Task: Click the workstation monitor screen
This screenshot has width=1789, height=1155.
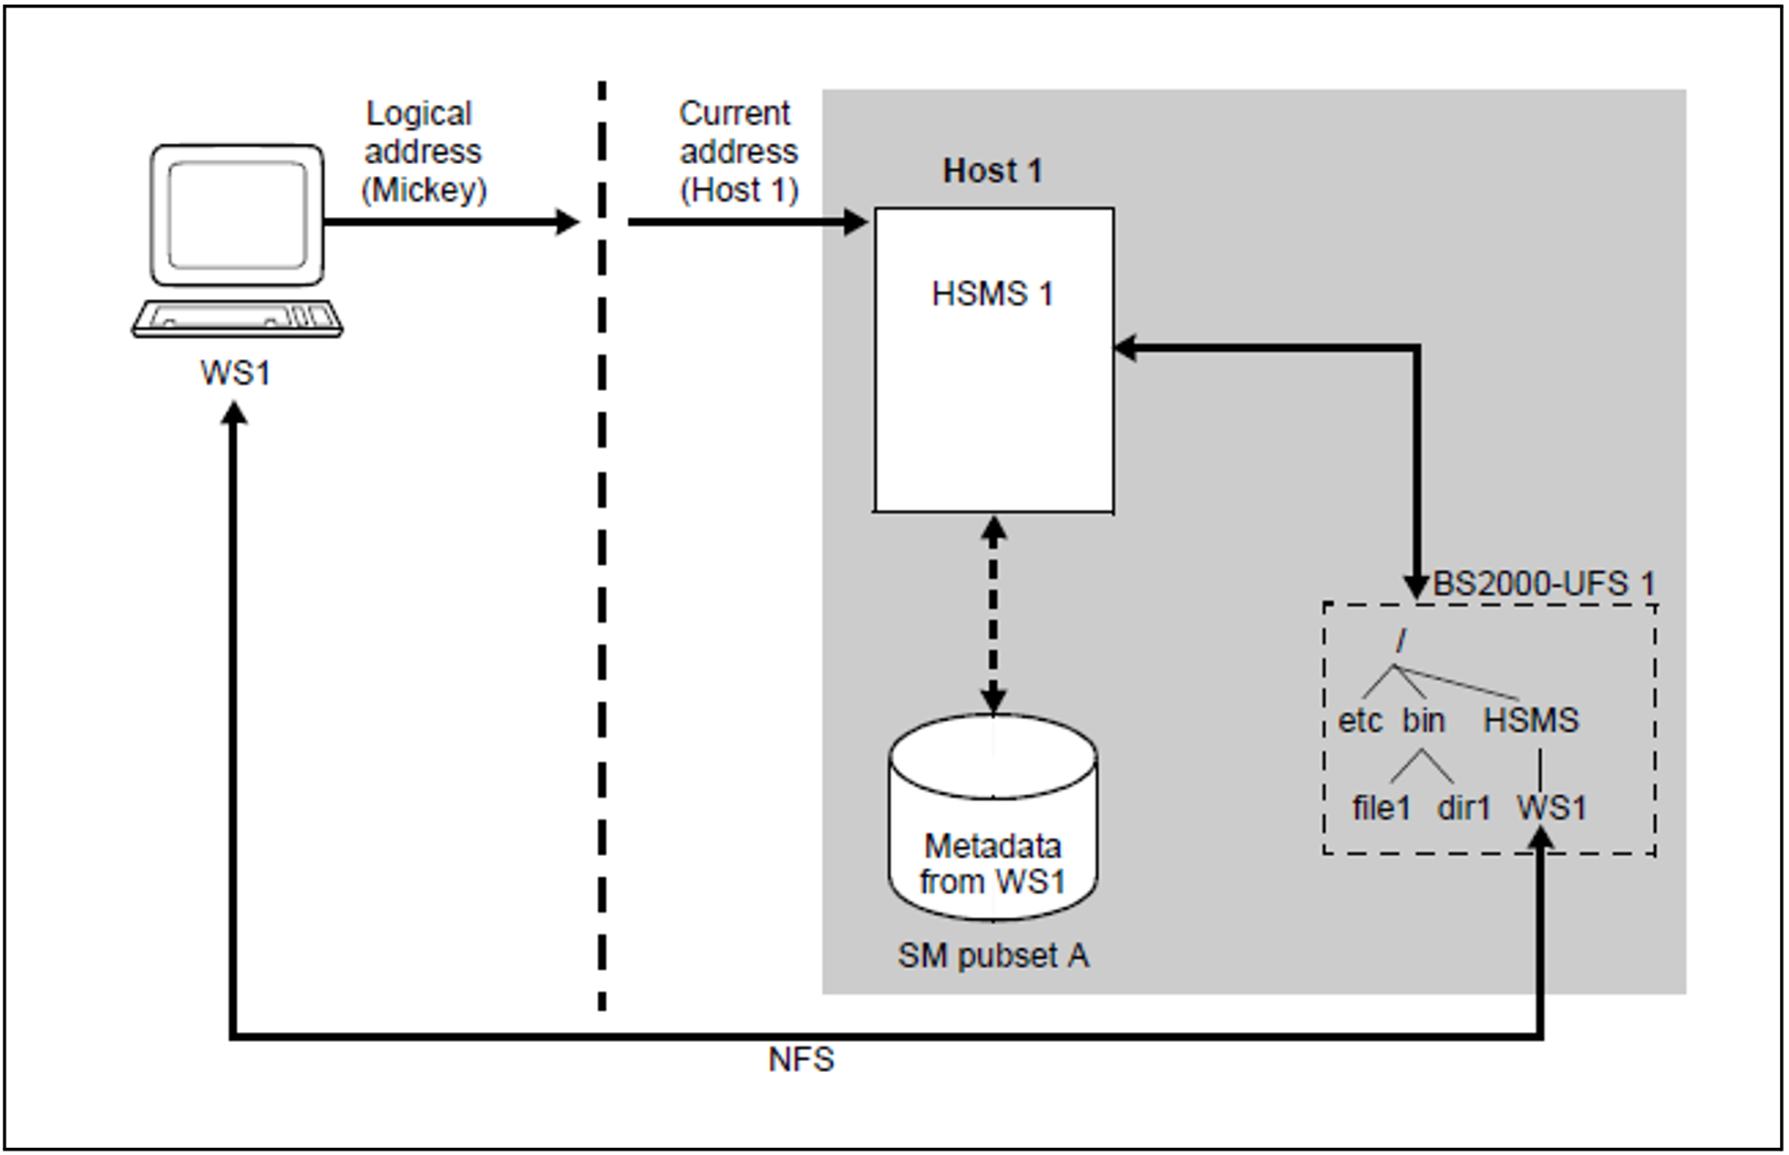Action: (x=237, y=215)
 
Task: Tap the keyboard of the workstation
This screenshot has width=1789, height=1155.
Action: (x=237, y=318)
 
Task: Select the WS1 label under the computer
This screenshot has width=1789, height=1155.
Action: (x=235, y=373)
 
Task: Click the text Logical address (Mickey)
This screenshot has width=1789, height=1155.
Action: (x=424, y=151)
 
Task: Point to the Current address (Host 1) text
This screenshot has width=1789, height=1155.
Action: (x=738, y=151)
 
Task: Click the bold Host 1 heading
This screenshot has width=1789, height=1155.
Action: (x=992, y=170)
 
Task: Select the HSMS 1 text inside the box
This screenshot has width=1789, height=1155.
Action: (x=992, y=294)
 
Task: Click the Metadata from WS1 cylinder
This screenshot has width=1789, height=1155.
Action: (x=992, y=820)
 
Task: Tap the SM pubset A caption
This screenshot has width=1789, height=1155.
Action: (x=992, y=955)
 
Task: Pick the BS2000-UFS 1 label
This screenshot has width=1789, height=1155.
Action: (x=1543, y=583)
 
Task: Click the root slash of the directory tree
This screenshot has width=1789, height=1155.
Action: (x=1401, y=642)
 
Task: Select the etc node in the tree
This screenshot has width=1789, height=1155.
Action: (x=1360, y=720)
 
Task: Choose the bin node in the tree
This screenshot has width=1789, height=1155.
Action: (x=1423, y=720)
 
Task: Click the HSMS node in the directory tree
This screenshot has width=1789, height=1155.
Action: (x=1530, y=720)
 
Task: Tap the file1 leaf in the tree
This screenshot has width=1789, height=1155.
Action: (x=1381, y=808)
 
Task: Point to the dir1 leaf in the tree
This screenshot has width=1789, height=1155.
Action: (x=1464, y=808)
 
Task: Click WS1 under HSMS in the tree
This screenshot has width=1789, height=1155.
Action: (x=1551, y=808)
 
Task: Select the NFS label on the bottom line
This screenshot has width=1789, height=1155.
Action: (x=801, y=1059)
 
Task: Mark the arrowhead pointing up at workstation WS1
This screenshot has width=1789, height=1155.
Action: (x=235, y=415)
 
